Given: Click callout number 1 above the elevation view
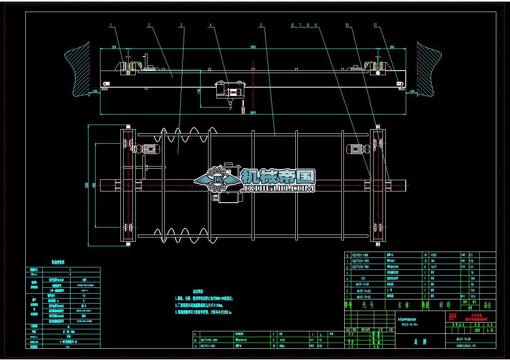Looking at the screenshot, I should point(111,25).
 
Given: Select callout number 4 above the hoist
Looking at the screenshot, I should point(211,25).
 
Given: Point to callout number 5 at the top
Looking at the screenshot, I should point(261,25).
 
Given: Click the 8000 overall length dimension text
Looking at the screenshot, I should point(253,112).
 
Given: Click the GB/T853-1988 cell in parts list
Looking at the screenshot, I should point(360,255).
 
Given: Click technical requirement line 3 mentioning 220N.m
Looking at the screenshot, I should point(204,311).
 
